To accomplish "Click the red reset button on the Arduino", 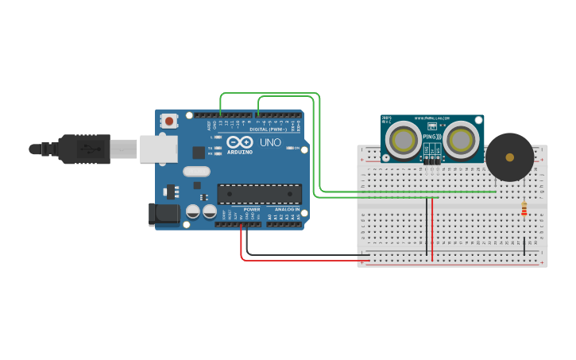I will (x=168, y=121).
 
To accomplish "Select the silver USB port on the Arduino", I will (x=158, y=149).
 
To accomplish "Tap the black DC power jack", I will (x=164, y=213).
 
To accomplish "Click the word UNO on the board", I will (x=270, y=142).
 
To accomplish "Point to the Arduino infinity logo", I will (x=239, y=142).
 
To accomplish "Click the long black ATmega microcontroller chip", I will (x=259, y=194).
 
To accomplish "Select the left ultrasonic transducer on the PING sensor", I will (x=402, y=140).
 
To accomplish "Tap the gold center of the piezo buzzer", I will (x=509, y=157).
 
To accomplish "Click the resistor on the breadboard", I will (x=524, y=209).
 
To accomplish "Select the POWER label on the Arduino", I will (x=252, y=209).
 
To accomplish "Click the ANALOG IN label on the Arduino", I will (x=287, y=209).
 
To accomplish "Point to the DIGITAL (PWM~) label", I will (x=269, y=129).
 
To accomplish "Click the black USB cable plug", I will (x=83, y=149).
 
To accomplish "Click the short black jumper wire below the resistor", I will (x=524, y=246).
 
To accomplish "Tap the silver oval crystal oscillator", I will (x=196, y=171).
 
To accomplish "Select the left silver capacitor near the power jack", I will (x=193, y=211).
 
